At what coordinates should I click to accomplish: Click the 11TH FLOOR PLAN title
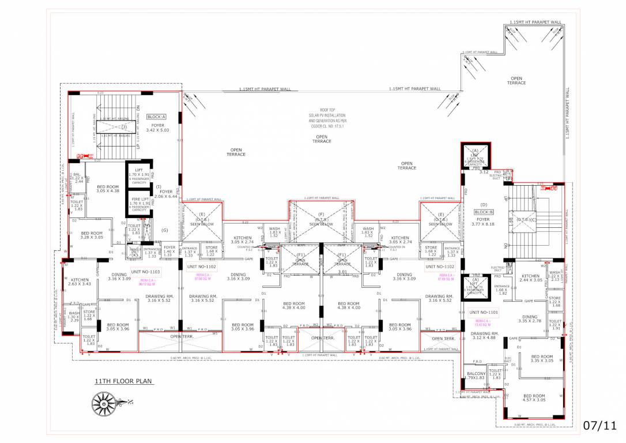125,381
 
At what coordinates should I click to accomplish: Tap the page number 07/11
598,426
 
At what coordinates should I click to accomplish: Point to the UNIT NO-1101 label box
483,312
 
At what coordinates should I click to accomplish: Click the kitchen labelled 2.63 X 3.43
80,281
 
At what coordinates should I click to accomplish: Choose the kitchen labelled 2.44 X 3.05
530,279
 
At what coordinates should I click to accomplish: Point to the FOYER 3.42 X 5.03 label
157,127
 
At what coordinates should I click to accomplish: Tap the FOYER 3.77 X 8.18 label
482,223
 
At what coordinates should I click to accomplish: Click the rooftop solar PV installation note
321,118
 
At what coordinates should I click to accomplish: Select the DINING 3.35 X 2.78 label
529,320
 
